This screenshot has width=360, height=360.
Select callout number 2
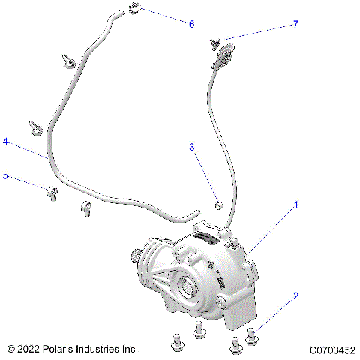pyautogui.click(x=295, y=295)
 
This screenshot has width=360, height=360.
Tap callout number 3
pyautogui.click(x=191, y=148)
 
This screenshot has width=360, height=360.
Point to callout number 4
pyautogui.click(x=6, y=141)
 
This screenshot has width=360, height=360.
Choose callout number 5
pyautogui.click(x=6, y=175)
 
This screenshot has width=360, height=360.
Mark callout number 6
pyautogui.click(x=191, y=25)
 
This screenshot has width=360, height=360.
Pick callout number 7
pyautogui.click(x=295, y=25)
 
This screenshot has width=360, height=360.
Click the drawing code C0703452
pyautogui.click(x=331, y=349)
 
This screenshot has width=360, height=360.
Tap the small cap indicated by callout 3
pyautogui.click(x=218, y=205)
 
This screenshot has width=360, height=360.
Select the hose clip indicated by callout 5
pyautogui.click(x=52, y=193)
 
